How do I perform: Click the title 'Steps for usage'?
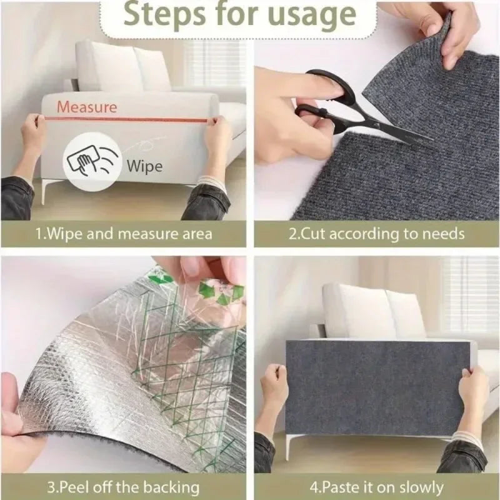pos(250,15)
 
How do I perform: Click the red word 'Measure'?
pos(87,107)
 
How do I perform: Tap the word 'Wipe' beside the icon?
pos(144,166)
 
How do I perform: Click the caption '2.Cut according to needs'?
pos(376,235)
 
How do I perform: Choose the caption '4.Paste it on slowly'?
pos(376,487)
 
